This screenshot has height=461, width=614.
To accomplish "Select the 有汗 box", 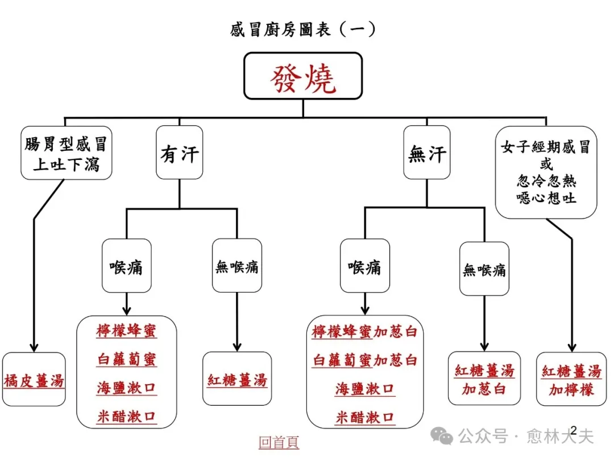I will coord(180,153).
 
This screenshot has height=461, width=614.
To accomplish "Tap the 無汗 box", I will coord(427,153).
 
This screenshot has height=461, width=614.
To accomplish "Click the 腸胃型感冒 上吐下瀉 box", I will coord(66,153).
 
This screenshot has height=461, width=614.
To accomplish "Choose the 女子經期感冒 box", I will coord(546,172).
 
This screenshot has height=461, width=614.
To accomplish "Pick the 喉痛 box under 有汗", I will coord(126,266).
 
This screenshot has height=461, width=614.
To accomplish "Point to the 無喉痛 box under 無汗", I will coord(484,269).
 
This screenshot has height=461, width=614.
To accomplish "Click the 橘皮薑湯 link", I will coord(34,380).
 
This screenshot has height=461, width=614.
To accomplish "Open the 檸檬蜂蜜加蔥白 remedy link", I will coord(364,332).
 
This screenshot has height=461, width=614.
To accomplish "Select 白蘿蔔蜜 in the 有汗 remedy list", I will coord(126,360).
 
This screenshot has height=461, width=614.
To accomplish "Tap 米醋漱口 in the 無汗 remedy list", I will coord(364,417).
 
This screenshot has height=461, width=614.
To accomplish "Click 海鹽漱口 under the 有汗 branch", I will coord(126,388).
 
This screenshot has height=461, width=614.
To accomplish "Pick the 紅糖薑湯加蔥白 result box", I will coord(484,380).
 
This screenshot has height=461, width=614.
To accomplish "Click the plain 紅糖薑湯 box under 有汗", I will coord(237,380).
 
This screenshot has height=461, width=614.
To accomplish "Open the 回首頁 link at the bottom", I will coord(279,442).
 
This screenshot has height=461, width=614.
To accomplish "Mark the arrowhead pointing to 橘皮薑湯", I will coord(34,347).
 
